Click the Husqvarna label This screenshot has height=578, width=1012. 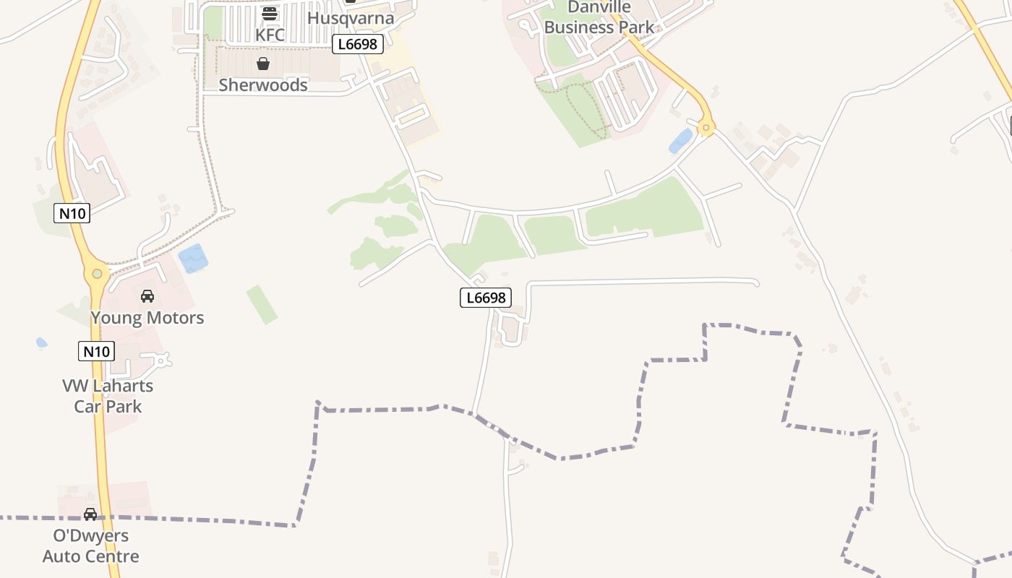click(351, 17)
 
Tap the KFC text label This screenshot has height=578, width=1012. click(270, 35)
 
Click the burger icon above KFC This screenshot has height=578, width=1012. click(270, 13)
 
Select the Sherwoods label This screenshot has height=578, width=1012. click(263, 85)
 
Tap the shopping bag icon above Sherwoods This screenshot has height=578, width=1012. click(263, 64)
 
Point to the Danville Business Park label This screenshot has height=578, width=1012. click(599, 17)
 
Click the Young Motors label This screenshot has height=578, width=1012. click(147, 317)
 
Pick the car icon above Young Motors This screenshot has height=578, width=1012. click(147, 296)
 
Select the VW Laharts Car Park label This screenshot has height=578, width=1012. click(108, 396)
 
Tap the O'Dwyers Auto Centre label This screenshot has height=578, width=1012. click(91, 545)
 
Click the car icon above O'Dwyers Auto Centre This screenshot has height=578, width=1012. click(90, 514)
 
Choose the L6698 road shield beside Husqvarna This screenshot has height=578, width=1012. click(358, 44)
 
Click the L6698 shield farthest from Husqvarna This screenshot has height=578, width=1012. click(486, 297)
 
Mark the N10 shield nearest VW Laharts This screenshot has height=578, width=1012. click(96, 352)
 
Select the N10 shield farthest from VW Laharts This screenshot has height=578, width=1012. click(72, 213)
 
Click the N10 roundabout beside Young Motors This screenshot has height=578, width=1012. click(96, 274)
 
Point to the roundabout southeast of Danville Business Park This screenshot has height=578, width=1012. click(706, 129)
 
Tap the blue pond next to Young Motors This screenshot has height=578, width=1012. click(193, 258)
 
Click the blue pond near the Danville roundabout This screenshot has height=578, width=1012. click(681, 141)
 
